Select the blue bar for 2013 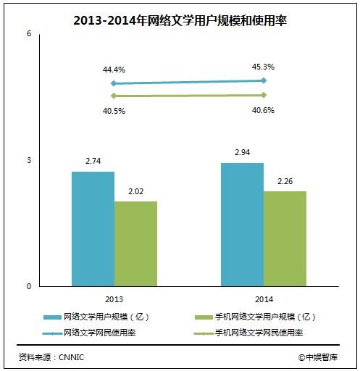tap(93, 228)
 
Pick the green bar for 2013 tap(135, 243)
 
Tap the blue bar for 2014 tap(242, 224)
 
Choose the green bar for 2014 tap(285, 238)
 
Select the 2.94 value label tap(243, 154)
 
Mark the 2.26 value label tap(285, 183)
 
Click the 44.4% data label tap(114, 70)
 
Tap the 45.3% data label tap(263, 67)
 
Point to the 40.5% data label tap(114, 111)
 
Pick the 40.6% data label tap(263, 111)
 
